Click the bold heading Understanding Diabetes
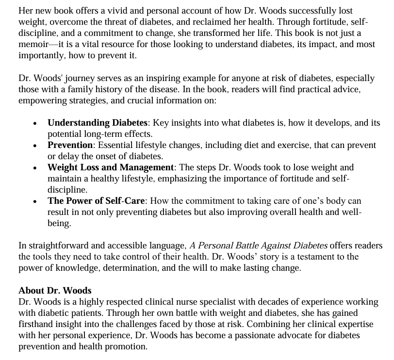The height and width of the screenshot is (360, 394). [x=97, y=123]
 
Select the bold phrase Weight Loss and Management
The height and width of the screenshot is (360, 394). [x=111, y=167]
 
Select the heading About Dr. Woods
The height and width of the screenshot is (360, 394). [x=55, y=291]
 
